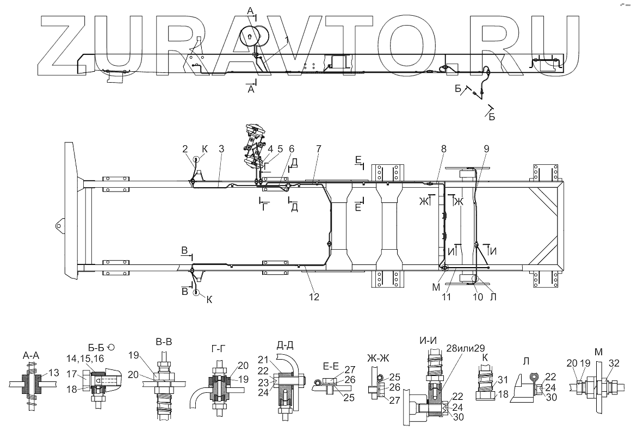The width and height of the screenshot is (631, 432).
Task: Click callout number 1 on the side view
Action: tap(287, 40)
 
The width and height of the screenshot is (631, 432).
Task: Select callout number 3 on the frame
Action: tap(221, 148)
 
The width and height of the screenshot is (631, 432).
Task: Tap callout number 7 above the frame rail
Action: tap(319, 148)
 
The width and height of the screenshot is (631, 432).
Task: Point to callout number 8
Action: tap(443, 148)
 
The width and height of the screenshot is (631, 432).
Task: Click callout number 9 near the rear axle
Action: tap(486, 148)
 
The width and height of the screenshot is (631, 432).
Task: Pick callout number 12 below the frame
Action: tap(314, 297)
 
